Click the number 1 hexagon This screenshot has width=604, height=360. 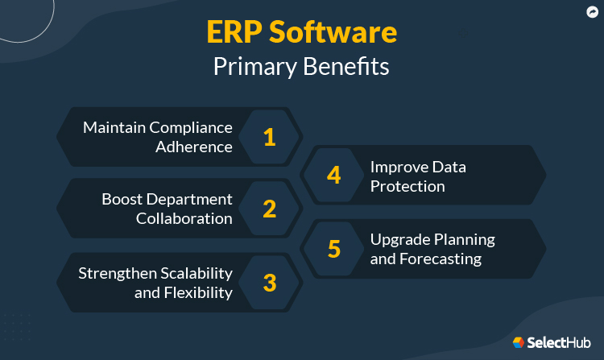270,137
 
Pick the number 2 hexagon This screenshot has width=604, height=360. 270,209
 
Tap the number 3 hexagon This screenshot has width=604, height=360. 270,283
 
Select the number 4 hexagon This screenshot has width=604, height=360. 334,175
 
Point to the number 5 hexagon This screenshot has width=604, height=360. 334,248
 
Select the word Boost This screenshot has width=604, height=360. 122,199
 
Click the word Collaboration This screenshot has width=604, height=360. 184,218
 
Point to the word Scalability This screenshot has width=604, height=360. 193,272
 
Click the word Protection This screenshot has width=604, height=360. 407,186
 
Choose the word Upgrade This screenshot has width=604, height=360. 400,239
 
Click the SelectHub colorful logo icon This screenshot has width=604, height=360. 519,342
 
